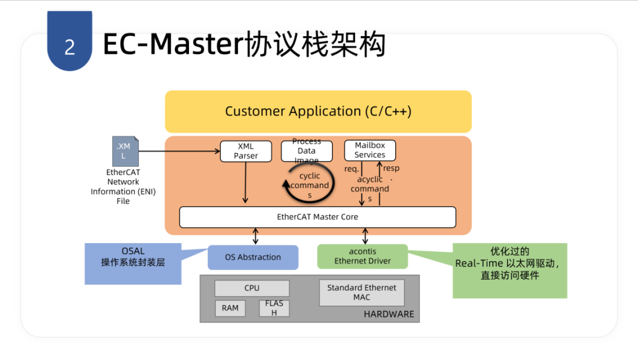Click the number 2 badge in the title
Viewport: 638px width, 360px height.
[x=70, y=41]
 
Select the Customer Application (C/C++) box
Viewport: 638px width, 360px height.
[x=318, y=111]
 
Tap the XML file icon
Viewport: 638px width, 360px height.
[x=125, y=151]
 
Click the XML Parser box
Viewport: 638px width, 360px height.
[x=246, y=151]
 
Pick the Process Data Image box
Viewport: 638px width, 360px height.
[x=307, y=151]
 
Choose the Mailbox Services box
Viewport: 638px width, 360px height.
[x=370, y=150]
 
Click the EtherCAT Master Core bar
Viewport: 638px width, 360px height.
[x=317, y=217]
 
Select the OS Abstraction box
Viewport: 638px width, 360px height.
[x=253, y=257]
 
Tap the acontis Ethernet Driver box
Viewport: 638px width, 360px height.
[x=363, y=256]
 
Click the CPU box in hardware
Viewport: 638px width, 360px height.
[x=252, y=288]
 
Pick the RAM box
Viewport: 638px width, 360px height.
[x=230, y=309]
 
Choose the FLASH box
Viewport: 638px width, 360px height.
[x=274, y=309]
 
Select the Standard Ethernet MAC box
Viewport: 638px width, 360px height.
[x=362, y=293]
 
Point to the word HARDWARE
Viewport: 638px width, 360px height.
[x=389, y=314]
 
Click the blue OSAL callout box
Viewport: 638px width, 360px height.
[x=133, y=264]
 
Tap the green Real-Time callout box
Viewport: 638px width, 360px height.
[x=510, y=271]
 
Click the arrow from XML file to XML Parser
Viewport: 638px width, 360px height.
[x=180, y=151]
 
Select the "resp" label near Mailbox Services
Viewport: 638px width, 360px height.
[x=391, y=168]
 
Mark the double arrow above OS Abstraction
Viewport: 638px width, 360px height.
[x=256, y=236]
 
